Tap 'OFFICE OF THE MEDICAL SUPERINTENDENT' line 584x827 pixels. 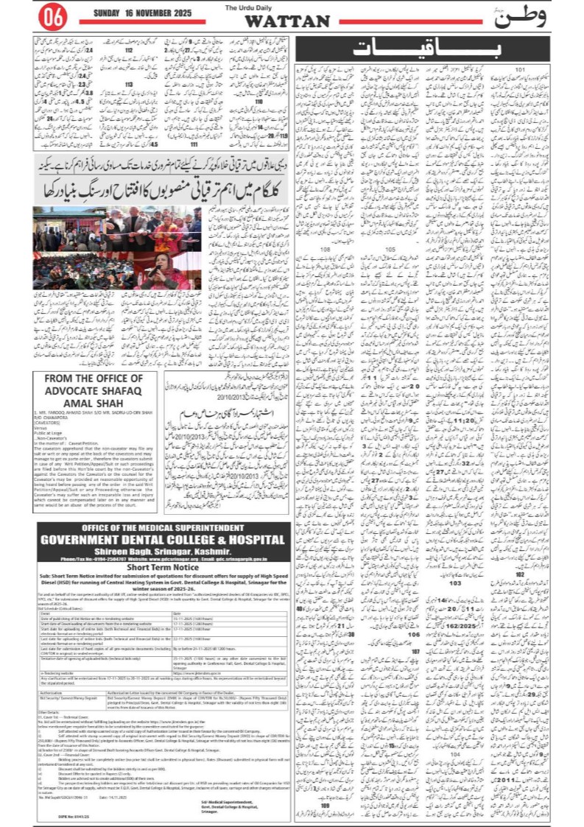point(162,528)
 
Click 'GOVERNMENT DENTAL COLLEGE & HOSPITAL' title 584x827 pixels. point(162,540)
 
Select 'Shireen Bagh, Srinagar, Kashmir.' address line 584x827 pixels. point(162,552)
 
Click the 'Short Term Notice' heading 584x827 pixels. point(162,569)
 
